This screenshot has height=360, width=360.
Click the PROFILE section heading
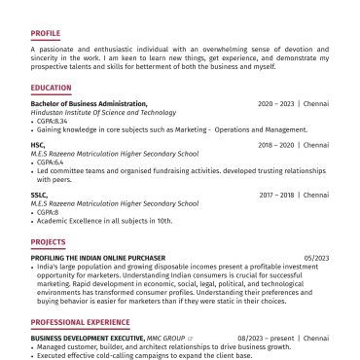click(x=45, y=32)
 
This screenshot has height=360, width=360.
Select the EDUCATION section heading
click(x=51, y=88)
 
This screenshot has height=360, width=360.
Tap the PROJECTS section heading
click(x=48, y=241)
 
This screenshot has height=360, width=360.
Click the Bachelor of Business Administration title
click(x=89, y=103)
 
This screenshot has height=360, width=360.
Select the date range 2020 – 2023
click(x=276, y=103)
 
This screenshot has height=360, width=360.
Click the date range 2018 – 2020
click(x=276, y=144)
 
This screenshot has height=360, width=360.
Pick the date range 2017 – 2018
click(x=277, y=195)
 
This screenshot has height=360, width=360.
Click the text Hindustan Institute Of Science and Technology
click(x=103, y=112)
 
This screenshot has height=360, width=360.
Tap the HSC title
click(x=38, y=144)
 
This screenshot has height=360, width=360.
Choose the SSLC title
click(x=40, y=195)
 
